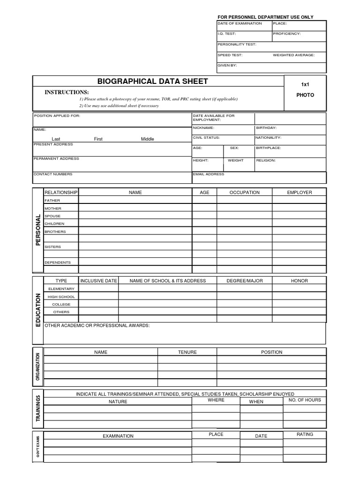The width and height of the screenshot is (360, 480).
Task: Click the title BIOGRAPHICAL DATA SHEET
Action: coord(152,81)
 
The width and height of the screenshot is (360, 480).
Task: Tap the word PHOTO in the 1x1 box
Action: coord(305,95)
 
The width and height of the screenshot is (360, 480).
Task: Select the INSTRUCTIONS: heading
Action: coord(67,92)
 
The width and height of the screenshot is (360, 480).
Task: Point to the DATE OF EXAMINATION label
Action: coord(239,23)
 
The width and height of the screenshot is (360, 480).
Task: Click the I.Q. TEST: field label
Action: coord(227,34)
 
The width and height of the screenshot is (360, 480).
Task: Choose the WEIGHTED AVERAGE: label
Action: coord(294,55)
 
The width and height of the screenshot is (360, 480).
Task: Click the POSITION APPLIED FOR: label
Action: coord(57,115)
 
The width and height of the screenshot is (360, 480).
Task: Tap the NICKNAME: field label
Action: coord(203,127)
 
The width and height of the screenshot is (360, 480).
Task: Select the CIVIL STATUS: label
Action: coord(206,137)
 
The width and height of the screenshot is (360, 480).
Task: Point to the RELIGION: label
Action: coord(266,160)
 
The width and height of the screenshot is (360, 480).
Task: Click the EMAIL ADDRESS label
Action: coord(209,174)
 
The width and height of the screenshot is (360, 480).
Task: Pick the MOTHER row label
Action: coord(52,208)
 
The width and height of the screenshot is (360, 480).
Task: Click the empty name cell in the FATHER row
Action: coord(135,200)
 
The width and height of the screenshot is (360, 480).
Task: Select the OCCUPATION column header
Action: coord(244,192)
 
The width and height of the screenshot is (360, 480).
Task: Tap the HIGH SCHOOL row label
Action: coord(61,296)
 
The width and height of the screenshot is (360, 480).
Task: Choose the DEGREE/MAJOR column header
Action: coord(245,281)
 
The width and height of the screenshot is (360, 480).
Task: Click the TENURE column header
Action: coord(187,352)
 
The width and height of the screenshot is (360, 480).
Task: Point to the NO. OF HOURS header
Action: coord(305,400)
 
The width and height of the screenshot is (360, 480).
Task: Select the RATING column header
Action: coord(305,435)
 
